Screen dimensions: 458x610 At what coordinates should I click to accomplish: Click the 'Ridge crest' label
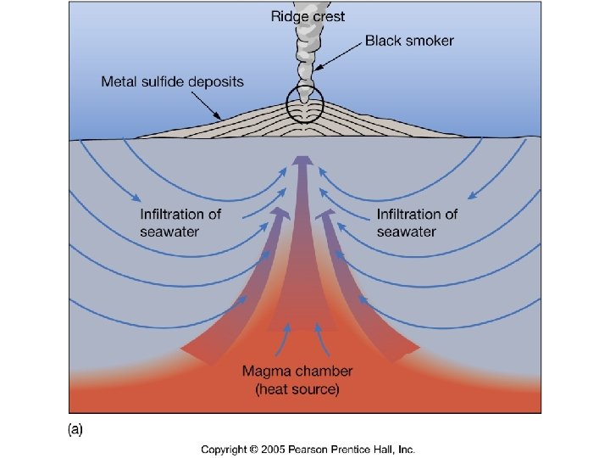pyautogui.click(x=308, y=16)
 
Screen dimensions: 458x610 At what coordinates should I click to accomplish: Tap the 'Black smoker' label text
pyautogui.click(x=409, y=40)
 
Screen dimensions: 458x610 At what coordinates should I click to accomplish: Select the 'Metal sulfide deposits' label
pyautogui.click(x=172, y=82)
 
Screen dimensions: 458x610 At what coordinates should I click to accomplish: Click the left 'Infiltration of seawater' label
pyautogui.click(x=180, y=222)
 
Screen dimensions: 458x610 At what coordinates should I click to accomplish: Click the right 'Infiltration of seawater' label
pyautogui.click(x=417, y=222)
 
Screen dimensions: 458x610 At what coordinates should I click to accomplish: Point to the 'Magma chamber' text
pyautogui.click(x=297, y=371)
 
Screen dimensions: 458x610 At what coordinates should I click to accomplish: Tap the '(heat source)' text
pyautogui.click(x=297, y=389)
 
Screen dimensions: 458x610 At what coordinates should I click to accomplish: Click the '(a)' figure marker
pyautogui.click(x=75, y=430)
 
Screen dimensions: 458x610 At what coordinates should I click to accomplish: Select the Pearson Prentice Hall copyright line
pyautogui.click(x=308, y=449)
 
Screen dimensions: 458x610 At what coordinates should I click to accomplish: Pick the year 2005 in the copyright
pyautogui.click(x=271, y=449)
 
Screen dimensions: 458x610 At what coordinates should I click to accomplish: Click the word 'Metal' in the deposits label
pyautogui.click(x=119, y=82)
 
